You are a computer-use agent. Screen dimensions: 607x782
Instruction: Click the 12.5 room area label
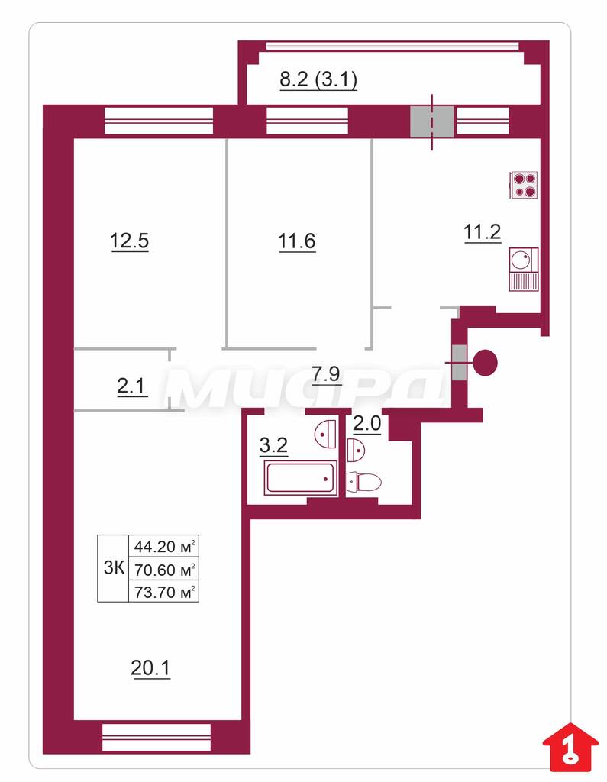pyautogui.click(x=129, y=241)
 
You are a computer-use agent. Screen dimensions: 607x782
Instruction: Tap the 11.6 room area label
pyautogui.click(x=297, y=241)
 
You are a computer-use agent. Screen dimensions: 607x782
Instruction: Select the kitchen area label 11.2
pyautogui.click(x=483, y=232)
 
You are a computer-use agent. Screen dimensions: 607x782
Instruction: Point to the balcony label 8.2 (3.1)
pyautogui.click(x=318, y=79)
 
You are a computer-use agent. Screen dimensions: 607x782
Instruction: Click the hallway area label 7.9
pyautogui.click(x=326, y=373)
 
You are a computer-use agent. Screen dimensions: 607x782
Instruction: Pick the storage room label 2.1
pyautogui.click(x=131, y=386)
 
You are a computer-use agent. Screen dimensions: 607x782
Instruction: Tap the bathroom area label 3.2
pyautogui.click(x=274, y=445)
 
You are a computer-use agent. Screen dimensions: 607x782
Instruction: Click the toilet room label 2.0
pyautogui.click(x=367, y=425)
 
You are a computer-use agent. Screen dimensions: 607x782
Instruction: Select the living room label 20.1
pyautogui.click(x=150, y=668)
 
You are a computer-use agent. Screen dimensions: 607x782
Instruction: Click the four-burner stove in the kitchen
pyautogui.click(x=524, y=185)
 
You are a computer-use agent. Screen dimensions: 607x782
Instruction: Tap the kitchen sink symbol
pyautogui.click(x=524, y=270)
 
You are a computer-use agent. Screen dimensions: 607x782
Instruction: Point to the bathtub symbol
pyautogui.click(x=300, y=478)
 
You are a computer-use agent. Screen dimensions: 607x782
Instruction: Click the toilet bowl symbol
pyautogui.click(x=364, y=483)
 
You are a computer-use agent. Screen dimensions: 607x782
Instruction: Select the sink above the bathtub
pyautogui.click(x=326, y=434)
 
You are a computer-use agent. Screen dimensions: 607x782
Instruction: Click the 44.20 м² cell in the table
pyautogui.click(x=164, y=546)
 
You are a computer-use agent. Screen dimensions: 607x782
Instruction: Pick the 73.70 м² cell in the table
pyautogui.click(x=164, y=592)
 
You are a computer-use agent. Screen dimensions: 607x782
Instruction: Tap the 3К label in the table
pyautogui.click(x=114, y=568)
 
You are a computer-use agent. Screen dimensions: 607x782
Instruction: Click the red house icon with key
pyautogui.click(x=570, y=746)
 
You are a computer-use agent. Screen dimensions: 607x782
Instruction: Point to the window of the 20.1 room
pyautogui.click(x=157, y=737)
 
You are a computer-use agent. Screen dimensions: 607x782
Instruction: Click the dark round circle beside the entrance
pyautogui.click(x=485, y=363)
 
